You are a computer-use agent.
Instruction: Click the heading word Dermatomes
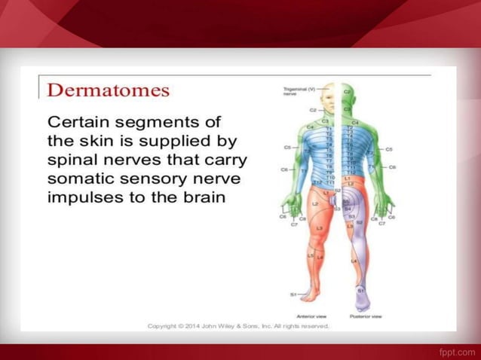click(x=109, y=90)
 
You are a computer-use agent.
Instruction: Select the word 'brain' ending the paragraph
click(x=205, y=200)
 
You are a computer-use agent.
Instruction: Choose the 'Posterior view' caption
click(x=366, y=316)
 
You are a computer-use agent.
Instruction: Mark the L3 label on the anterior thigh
click(x=320, y=227)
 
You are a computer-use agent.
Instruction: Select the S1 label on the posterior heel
click(x=360, y=290)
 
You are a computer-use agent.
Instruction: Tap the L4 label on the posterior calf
click(x=354, y=261)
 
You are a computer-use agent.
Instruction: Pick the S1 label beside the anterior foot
click(x=293, y=294)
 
